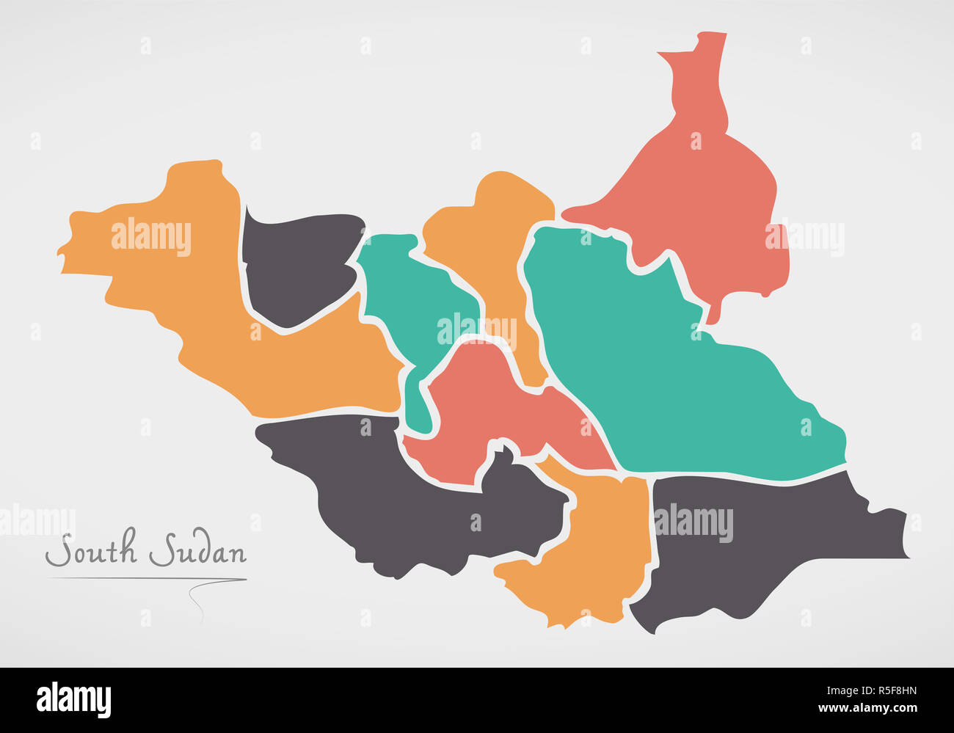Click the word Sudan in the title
(x=198, y=551)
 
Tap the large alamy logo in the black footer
(x=73, y=699)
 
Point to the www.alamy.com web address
(x=866, y=709)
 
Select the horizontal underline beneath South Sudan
(x=147, y=579)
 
